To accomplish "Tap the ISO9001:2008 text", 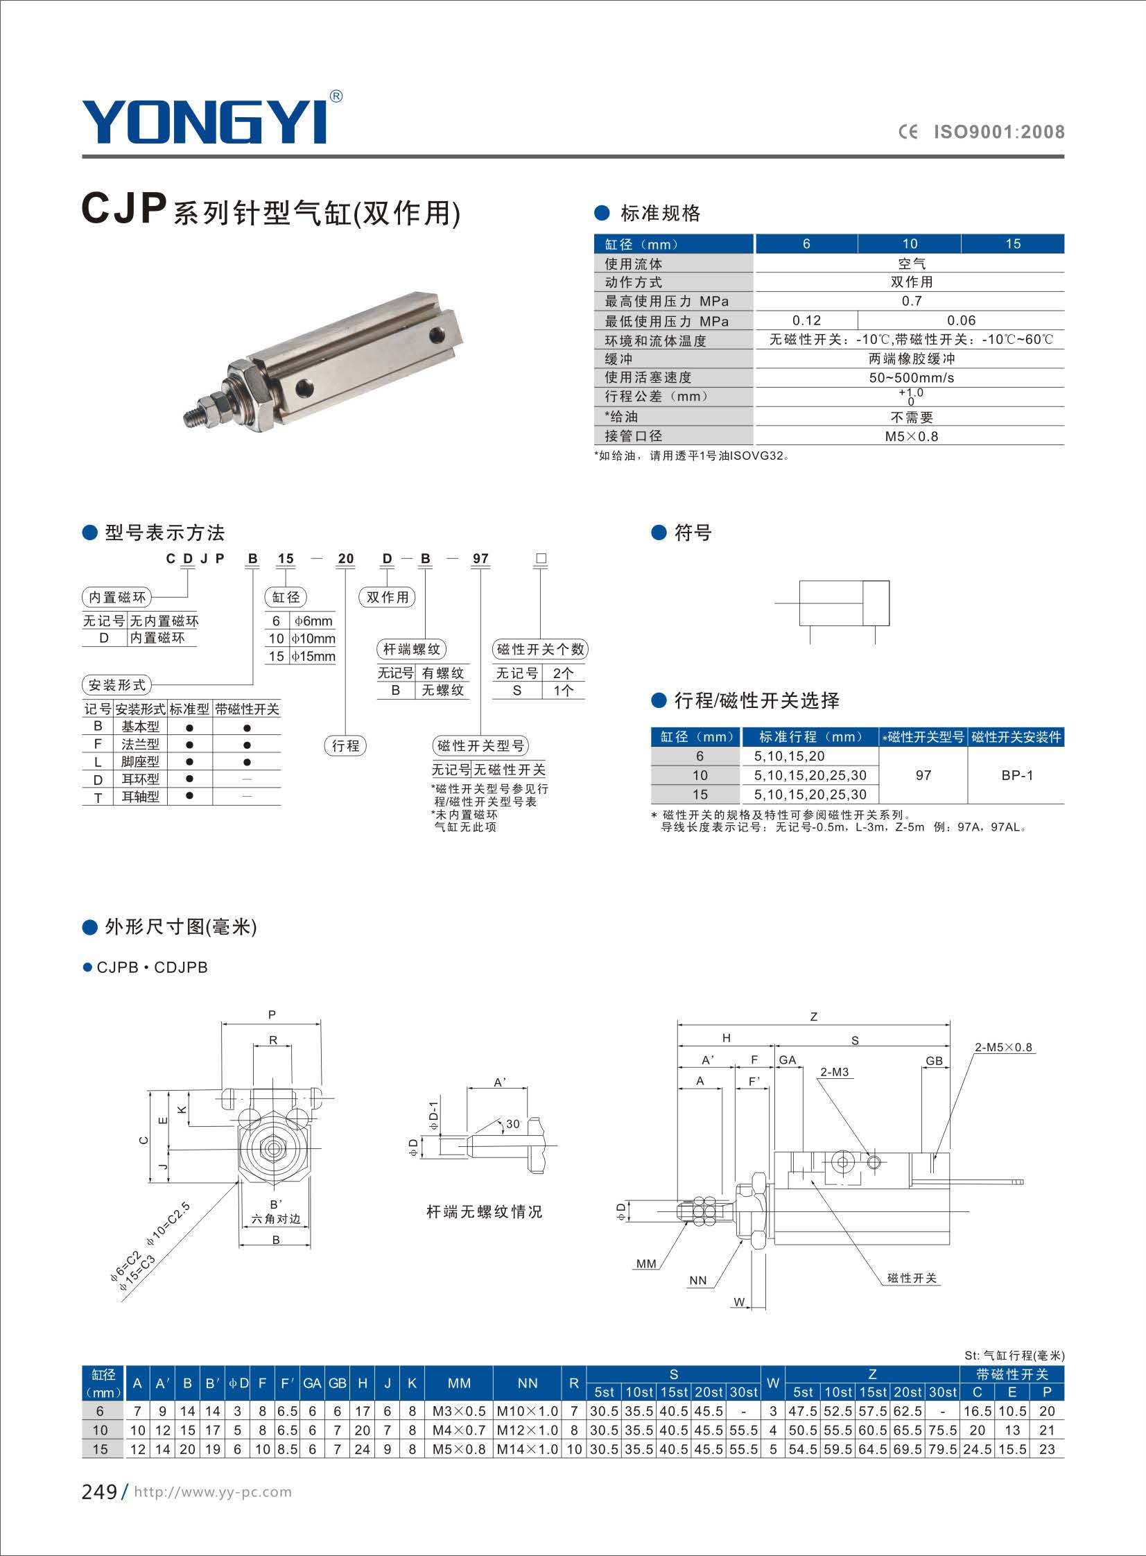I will pos(998,132).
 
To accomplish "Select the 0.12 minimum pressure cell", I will pos(806,320).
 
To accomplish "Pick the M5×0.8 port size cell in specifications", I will pos(911,436).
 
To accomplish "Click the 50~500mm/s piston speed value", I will pos(911,378).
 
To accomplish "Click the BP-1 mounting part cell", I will pos(1016,775).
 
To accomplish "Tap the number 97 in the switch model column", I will pos(923,775).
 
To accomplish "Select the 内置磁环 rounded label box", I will pos(116,597).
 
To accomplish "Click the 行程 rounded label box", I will pos(345,745).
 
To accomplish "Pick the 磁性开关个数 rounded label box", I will pos(540,649).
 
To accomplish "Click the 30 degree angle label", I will pos(512,1124).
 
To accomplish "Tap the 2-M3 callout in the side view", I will pos(834,1072).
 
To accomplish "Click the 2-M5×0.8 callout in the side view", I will pos(1003,1048).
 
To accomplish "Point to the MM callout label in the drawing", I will pos(646,1264).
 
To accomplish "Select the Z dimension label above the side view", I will pos(814,1017).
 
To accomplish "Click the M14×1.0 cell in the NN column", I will pos(527,1449).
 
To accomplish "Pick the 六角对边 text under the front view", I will pos(275,1219).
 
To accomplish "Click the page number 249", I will pos(99,1492).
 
